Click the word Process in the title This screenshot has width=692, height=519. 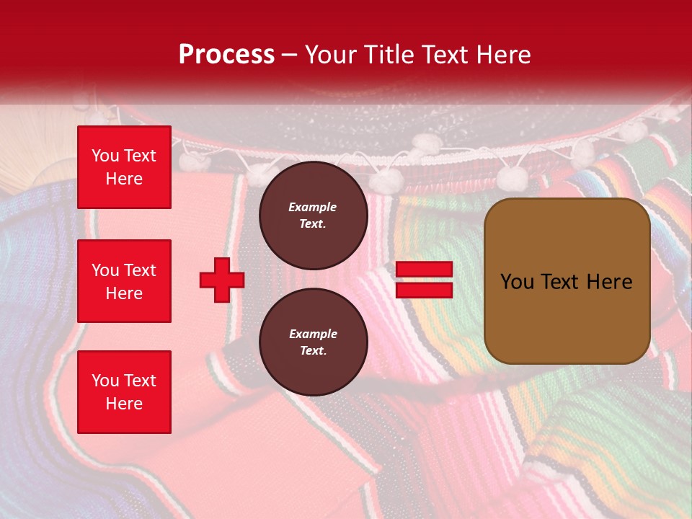(x=226, y=55)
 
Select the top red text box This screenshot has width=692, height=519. (x=124, y=167)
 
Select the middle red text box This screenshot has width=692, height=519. (x=124, y=281)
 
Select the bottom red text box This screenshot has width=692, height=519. (x=124, y=391)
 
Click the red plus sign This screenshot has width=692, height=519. (x=221, y=280)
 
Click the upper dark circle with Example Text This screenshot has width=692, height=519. (x=313, y=216)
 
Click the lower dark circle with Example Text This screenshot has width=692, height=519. (x=313, y=342)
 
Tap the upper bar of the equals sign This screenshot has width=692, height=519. (x=424, y=270)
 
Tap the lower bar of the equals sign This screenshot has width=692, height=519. (x=424, y=290)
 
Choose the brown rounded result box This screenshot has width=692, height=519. (x=567, y=281)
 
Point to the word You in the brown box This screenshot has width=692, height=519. (x=517, y=282)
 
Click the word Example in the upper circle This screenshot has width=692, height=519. (x=313, y=207)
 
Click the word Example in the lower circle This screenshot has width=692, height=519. (x=313, y=334)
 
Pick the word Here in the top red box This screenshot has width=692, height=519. (x=124, y=179)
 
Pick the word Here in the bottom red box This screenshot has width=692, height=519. (x=124, y=404)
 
